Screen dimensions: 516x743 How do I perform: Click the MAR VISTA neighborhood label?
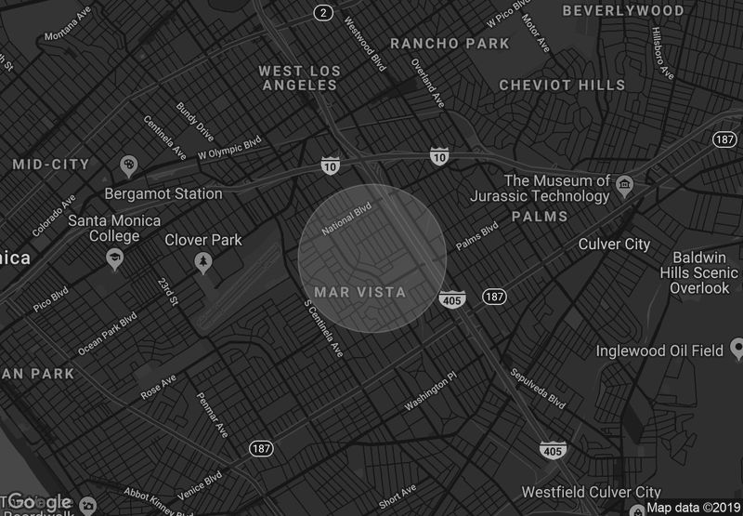pyautogui.click(x=360, y=292)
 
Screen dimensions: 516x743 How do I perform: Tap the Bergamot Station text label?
pyautogui.click(x=163, y=194)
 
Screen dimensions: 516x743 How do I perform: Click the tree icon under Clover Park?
pyautogui.click(x=202, y=264)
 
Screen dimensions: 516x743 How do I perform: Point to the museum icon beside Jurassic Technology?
pyautogui.click(x=625, y=182)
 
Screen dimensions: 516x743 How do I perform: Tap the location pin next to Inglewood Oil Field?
pyautogui.click(x=737, y=349)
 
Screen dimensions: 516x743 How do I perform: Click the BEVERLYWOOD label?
pyautogui.click(x=623, y=11)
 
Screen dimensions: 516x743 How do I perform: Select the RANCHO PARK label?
pyautogui.click(x=450, y=44)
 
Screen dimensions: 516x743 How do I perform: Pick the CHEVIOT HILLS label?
pyautogui.click(x=562, y=85)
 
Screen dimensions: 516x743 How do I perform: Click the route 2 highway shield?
pyautogui.click(x=322, y=12)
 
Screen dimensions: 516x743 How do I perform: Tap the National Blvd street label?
pyautogui.click(x=345, y=218)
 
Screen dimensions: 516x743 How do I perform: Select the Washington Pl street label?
pyautogui.click(x=431, y=393)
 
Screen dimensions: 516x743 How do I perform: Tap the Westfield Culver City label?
pyautogui.click(x=591, y=492)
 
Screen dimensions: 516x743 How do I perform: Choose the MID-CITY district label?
pyautogui.click(x=51, y=165)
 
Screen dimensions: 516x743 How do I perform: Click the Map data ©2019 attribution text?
pyautogui.click(x=693, y=508)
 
